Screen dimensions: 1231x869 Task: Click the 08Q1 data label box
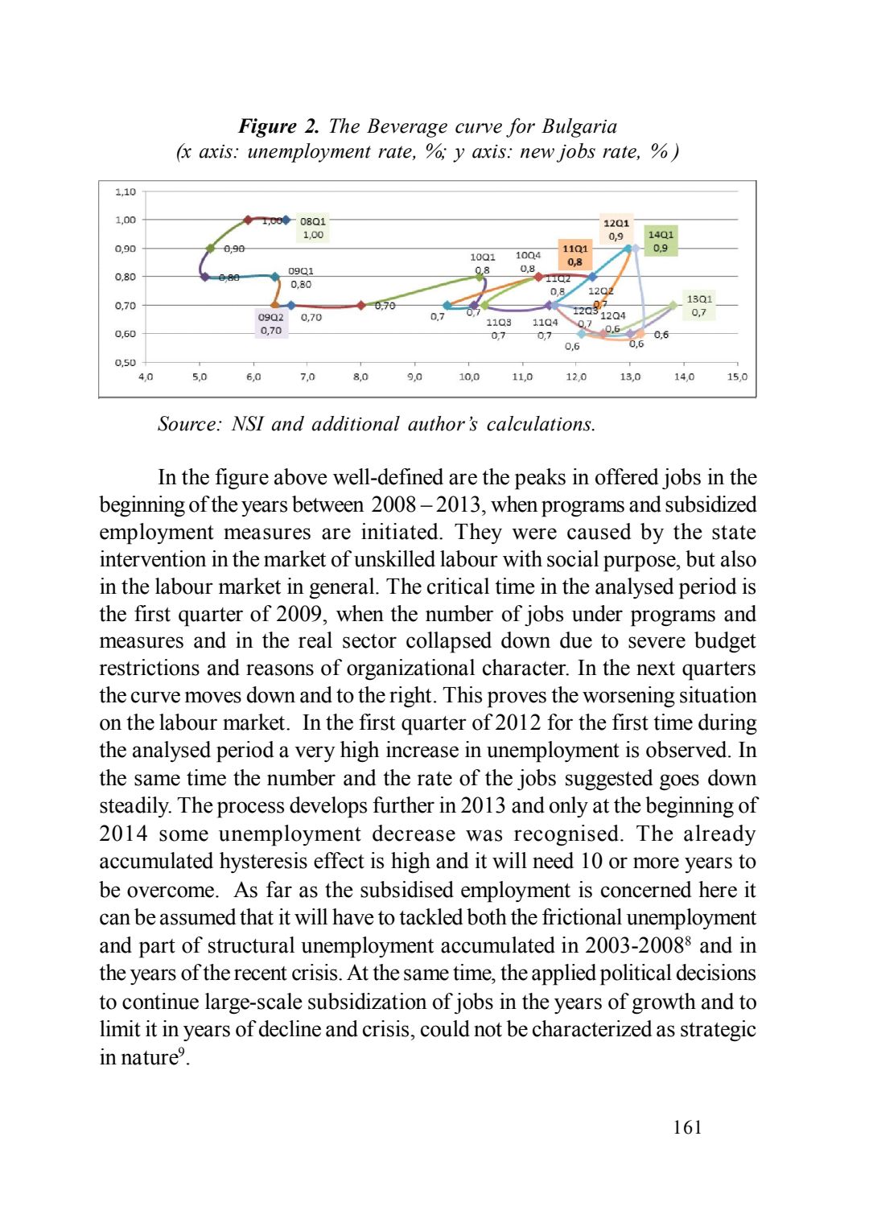point(313,228)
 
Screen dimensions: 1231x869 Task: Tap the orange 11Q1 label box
point(575,255)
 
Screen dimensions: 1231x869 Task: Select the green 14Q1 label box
point(661,241)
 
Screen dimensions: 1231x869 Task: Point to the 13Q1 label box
point(698,305)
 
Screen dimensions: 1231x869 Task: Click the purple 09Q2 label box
point(271,323)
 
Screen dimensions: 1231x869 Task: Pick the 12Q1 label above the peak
point(616,229)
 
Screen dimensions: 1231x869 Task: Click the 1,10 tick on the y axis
point(126,191)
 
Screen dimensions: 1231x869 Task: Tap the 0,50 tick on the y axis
point(126,362)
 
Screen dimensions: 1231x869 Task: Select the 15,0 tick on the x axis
point(737,377)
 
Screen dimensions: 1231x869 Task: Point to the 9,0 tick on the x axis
point(414,377)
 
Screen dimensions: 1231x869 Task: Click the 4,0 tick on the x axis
point(146,377)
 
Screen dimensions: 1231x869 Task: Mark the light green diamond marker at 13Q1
point(673,305)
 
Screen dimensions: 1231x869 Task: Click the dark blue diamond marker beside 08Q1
point(286,220)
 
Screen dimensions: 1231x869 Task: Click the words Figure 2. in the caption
point(278,126)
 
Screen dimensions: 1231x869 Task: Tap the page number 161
point(687,1127)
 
